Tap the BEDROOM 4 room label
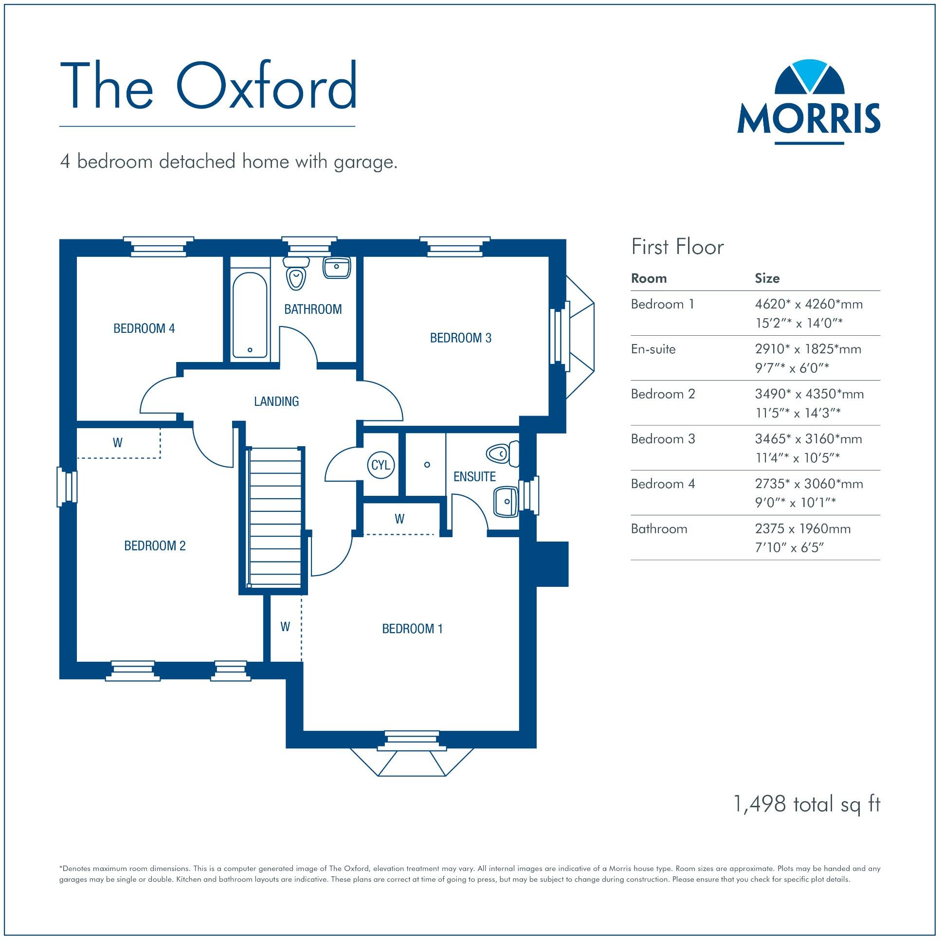tap(144, 328)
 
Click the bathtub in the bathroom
tap(250, 315)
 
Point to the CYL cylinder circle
tap(380, 465)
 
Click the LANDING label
tap(276, 401)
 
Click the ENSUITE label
tap(474, 476)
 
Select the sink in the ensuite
tap(506, 501)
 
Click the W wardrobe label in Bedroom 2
tap(118, 443)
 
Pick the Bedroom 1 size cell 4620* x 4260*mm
tap(809, 305)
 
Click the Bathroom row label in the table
tap(659, 528)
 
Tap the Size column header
tap(767, 278)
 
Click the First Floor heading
tap(677, 247)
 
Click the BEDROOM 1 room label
tap(412, 629)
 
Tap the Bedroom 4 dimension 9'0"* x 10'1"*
tap(795, 503)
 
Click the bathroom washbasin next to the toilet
tap(337, 269)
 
